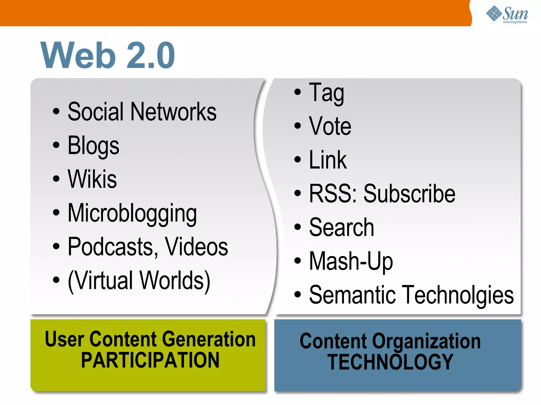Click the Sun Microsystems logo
(507, 15)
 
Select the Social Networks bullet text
(142, 112)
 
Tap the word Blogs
(94, 146)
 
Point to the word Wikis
(92, 179)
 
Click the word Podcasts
(111, 247)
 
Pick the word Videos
(196, 247)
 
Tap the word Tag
(327, 93)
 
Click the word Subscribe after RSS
(409, 194)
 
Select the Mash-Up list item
(351, 261)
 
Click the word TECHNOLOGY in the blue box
(390, 362)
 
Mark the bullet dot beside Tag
(297, 92)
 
